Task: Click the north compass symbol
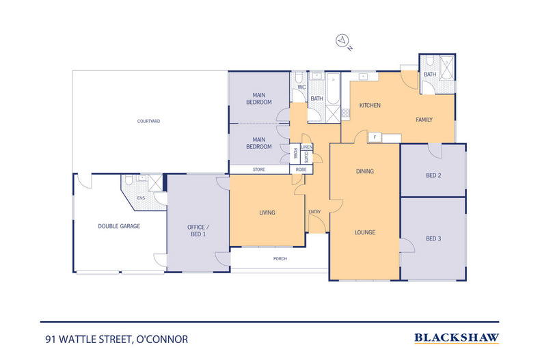click(342, 40)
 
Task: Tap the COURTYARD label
click(148, 121)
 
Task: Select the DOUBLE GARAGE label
click(119, 226)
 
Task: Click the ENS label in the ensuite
click(141, 198)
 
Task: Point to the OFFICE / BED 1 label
click(198, 231)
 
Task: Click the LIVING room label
click(267, 212)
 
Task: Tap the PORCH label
click(280, 258)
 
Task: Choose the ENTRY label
click(314, 212)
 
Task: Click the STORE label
click(258, 169)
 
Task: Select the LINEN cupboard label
click(306, 147)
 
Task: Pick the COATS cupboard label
click(306, 157)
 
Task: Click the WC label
click(301, 87)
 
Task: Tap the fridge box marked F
click(375, 137)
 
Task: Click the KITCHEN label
click(370, 105)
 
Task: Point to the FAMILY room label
click(424, 120)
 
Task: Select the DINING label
click(365, 171)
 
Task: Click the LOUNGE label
click(365, 232)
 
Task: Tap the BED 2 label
click(433, 175)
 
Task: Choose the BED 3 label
click(433, 238)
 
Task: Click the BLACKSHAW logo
click(457, 338)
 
